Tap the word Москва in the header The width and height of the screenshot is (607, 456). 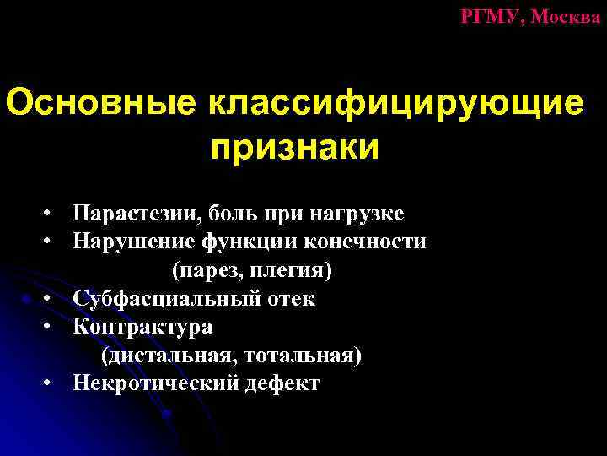tap(567, 16)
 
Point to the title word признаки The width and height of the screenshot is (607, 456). tap(294, 149)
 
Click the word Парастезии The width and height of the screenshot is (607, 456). tap(134, 213)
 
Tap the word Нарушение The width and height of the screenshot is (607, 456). tap(133, 242)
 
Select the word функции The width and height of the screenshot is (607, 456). tap(241, 242)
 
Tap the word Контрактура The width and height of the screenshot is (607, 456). tap(142, 327)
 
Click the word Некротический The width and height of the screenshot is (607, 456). tap(158, 384)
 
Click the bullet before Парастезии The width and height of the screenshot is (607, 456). tap(51, 214)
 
